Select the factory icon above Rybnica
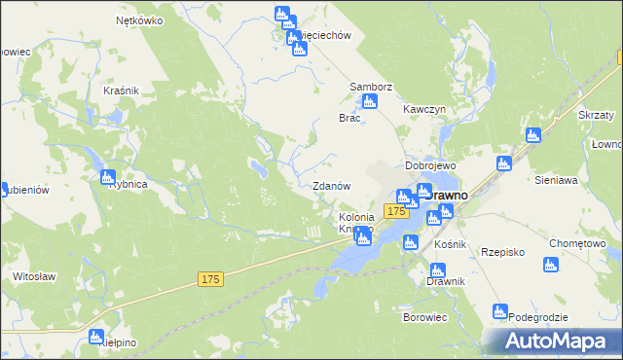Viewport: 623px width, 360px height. (x=107, y=177)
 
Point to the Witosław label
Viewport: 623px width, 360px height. (x=32, y=276)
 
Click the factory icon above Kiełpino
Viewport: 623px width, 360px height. (x=96, y=338)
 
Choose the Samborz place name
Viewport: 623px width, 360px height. (x=371, y=87)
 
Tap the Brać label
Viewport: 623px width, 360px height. (x=349, y=118)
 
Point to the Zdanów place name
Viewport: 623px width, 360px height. (x=330, y=185)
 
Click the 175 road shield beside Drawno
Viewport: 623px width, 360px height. (x=395, y=211)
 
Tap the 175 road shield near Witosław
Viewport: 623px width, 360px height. (x=210, y=279)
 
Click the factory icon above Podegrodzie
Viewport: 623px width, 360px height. (x=500, y=312)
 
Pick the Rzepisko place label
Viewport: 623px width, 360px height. (x=502, y=252)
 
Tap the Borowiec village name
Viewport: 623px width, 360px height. (x=423, y=317)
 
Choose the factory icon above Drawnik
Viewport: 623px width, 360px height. (x=436, y=265)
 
